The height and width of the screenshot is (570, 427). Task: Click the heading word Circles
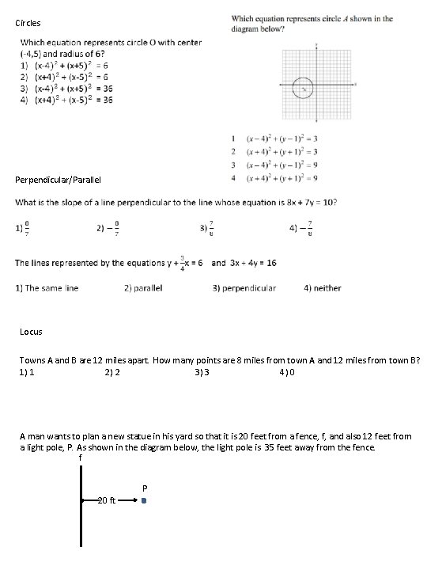[28, 23]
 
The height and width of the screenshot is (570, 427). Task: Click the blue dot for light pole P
[144, 501]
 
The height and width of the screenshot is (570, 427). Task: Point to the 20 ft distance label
[106, 501]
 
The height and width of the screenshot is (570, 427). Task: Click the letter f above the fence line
[80, 458]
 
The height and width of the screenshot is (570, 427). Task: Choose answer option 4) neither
[323, 288]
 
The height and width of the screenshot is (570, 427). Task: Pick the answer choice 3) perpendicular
[244, 288]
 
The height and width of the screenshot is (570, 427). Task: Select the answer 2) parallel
[143, 288]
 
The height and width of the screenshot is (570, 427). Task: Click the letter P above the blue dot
[144, 487]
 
